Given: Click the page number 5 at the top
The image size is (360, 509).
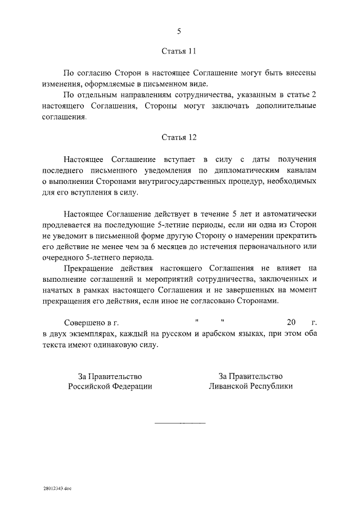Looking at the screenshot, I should [179, 31].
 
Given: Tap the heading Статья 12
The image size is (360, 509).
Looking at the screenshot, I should [179, 137].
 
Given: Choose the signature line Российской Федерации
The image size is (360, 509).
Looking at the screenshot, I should [110, 386].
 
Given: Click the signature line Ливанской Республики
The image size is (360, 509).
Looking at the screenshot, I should [250, 386].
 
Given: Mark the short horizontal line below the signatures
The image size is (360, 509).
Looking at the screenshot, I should [180, 422].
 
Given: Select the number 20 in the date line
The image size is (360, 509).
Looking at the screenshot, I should [291, 322].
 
